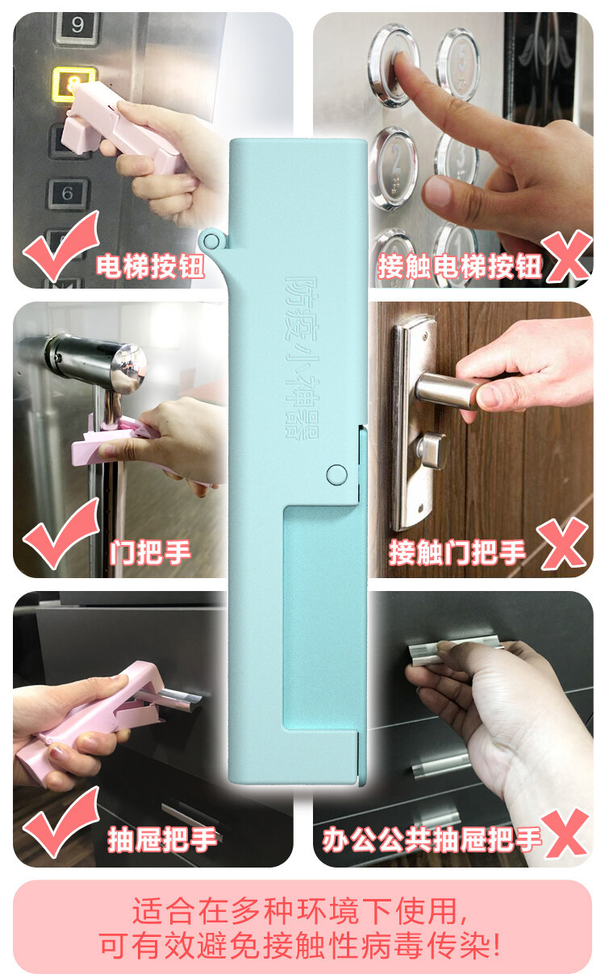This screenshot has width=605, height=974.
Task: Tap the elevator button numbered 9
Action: coord(77,26)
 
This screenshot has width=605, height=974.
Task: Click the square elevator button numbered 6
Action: coord(68,194)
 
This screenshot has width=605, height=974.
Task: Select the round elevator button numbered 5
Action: coord(458,63)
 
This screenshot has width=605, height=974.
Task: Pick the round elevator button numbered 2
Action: coord(395,166)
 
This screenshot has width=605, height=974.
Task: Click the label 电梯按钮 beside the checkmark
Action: coord(150,266)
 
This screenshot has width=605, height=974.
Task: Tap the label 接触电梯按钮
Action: coord(459,266)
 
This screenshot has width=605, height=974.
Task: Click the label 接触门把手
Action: coord(457,552)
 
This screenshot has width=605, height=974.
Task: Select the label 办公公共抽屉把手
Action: coord(432,839)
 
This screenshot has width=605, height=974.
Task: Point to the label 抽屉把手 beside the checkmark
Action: coord(162,839)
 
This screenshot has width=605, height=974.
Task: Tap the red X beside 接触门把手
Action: coord(563,545)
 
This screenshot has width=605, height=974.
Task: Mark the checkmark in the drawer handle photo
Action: coord(60,824)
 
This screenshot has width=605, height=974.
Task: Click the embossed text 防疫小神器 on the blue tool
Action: coord(301,356)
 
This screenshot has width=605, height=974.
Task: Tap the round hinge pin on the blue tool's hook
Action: coord(211,240)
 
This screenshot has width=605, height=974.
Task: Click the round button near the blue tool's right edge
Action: coord(336,475)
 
